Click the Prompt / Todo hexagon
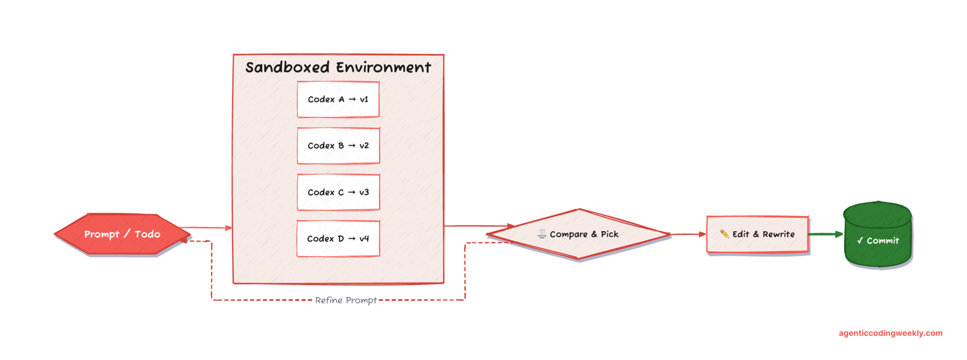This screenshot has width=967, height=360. pyautogui.click(x=122, y=234)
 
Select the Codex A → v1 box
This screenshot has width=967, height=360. pyautogui.click(x=338, y=100)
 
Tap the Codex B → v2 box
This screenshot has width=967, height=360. pyautogui.click(x=338, y=146)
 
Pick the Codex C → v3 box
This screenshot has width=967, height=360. pyautogui.click(x=338, y=192)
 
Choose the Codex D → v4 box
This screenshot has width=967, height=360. pyautogui.click(x=338, y=239)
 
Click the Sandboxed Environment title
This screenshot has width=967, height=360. pyautogui.click(x=338, y=67)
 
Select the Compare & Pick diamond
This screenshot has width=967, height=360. pyautogui.click(x=579, y=234)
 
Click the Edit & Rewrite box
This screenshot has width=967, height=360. pyautogui.click(x=757, y=234)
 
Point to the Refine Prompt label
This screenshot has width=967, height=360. pyautogui.click(x=346, y=300)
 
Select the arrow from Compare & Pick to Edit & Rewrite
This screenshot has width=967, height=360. pyautogui.click(x=688, y=234)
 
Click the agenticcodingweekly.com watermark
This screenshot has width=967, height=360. pyautogui.click(x=890, y=333)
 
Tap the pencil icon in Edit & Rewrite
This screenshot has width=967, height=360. pyautogui.click(x=724, y=234)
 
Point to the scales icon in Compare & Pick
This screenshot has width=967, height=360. pyautogui.click(x=542, y=234)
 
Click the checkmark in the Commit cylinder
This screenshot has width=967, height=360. pyautogui.click(x=860, y=241)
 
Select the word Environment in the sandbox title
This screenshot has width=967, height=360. pyautogui.click(x=384, y=67)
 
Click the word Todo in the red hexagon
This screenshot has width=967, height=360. pyautogui.click(x=147, y=234)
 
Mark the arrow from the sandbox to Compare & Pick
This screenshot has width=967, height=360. pyautogui.click(x=478, y=226)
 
